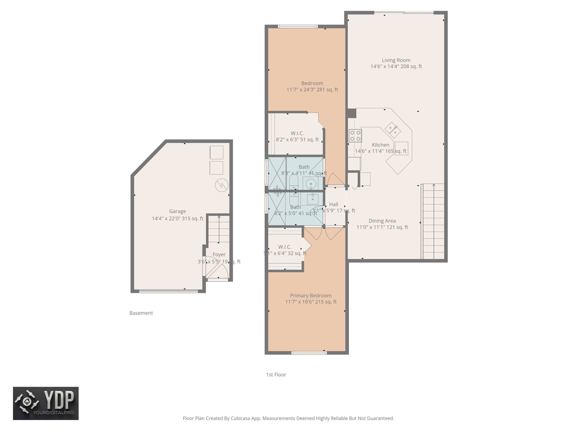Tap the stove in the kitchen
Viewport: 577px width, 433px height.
tap(355, 136)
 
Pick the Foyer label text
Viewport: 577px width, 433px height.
tap(219, 255)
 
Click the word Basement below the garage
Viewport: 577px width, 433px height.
tap(141, 313)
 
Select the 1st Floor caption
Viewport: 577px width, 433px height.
tap(276, 375)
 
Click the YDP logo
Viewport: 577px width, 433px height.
tap(46, 403)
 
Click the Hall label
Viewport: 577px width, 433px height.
tap(334, 204)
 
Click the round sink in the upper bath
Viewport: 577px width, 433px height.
tap(311, 183)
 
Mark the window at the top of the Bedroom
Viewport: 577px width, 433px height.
tap(298, 26)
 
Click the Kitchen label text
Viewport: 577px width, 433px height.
tap(380, 145)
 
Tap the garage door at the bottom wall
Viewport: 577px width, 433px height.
tap(168, 291)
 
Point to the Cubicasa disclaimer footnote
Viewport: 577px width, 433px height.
tap(288, 418)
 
